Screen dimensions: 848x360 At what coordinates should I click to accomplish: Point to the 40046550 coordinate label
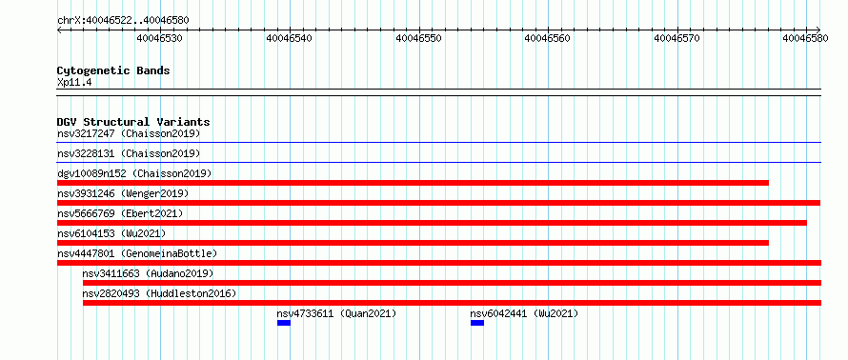click(419, 38)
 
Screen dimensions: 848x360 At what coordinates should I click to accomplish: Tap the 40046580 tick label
click(806, 38)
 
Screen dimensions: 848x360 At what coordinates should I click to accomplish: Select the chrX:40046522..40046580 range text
click(123, 21)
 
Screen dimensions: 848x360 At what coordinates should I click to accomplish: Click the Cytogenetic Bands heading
click(113, 70)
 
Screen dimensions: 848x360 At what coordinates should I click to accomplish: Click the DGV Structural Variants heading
click(133, 122)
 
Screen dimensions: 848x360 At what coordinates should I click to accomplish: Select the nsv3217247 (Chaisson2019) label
click(129, 133)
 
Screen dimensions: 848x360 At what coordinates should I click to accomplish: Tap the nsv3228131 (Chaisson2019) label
click(129, 153)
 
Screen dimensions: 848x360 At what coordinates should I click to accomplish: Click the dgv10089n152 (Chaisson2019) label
click(134, 173)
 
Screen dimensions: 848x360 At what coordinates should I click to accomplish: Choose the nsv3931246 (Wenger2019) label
click(123, 193)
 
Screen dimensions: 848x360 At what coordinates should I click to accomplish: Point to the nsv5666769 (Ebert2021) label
click(120, 213)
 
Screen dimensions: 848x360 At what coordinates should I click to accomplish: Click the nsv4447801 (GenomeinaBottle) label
click(137, 253)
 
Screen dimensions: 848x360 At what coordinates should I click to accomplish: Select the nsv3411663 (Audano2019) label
click(149, 273)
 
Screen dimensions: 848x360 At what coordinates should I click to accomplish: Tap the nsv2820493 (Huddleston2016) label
click(159, 293)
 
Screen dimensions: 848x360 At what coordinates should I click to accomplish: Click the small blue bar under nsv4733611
click(284, 323)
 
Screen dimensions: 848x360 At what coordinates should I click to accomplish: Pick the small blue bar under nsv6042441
click(477, 323)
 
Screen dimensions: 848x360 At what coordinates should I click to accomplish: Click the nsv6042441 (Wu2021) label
click(524, 313)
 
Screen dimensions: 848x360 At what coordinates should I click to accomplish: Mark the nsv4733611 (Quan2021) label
click(336, 313)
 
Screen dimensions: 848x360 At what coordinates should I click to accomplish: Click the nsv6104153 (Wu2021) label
click(111, 233)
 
